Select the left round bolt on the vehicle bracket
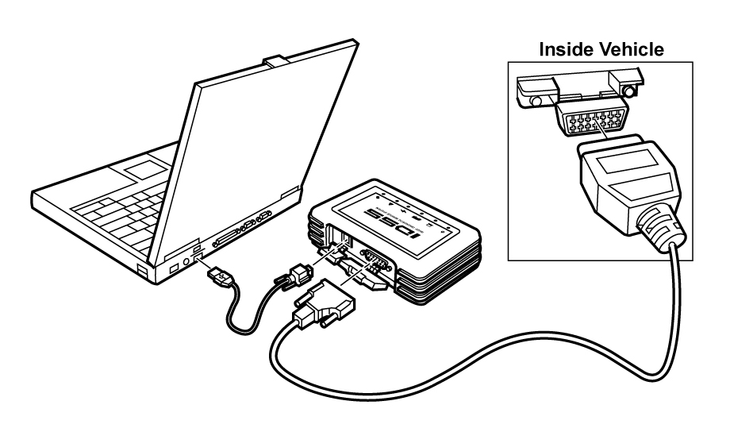536,101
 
